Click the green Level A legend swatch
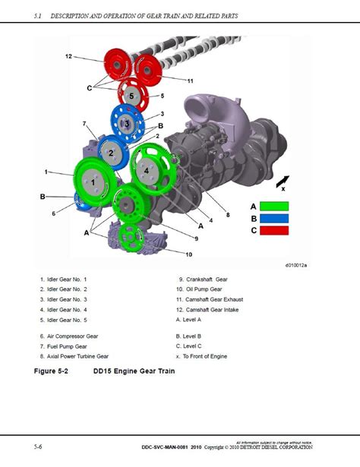coord(274,206)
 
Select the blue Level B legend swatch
coord(274,217)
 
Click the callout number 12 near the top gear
coord(68,56)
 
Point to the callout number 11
coord(190,80)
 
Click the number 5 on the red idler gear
coord(131,96)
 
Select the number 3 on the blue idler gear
coord(127,125)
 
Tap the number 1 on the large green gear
coord(93,182)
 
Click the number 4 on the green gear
coord(146,171)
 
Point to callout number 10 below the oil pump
coord(188,253)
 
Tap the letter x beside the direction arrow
coord(283,189)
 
